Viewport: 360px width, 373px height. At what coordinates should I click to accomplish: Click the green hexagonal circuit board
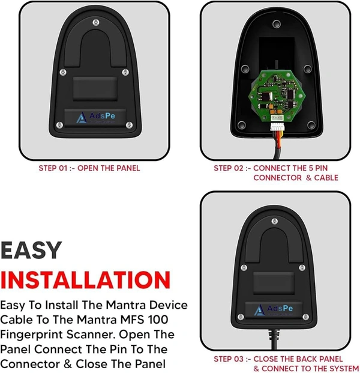(277, 94)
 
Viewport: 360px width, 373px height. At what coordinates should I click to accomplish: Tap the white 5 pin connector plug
(277, 127)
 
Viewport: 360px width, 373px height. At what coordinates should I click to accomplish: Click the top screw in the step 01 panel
(96, 22)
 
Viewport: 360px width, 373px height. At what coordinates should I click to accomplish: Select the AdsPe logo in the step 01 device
(95, 117)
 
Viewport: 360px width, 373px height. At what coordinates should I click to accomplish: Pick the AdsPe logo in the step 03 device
(273, 310)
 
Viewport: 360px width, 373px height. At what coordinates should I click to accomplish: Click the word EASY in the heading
(31, 250)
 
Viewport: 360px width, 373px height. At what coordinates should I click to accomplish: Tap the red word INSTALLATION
(85, 280)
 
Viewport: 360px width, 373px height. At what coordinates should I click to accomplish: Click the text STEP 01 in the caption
(53, 168)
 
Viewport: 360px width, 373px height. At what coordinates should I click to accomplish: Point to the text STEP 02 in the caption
(229, 168)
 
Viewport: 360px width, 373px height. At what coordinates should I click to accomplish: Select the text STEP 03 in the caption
(229, 359)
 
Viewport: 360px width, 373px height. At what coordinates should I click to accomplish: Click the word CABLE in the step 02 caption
(326, 178)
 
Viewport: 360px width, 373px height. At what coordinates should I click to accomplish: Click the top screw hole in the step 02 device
(277, 24)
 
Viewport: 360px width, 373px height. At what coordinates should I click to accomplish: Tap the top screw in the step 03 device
(275, 221)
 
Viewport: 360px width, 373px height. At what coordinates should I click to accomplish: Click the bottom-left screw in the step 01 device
(59, 125)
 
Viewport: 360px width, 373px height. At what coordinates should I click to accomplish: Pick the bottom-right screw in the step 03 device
(305, 317)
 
